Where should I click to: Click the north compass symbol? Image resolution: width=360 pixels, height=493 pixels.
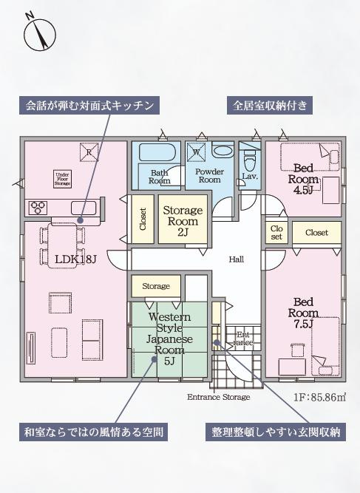click(x=39, y=34)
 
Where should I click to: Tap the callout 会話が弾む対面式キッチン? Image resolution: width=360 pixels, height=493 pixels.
click(x=90, y=106)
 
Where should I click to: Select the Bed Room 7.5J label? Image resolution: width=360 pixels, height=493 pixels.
click(x=305, y=313)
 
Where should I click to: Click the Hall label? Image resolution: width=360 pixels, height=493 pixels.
click(x=236, y=259)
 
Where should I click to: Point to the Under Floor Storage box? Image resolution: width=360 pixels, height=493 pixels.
click(x=61, y=180)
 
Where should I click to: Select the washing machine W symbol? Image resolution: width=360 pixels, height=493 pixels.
click(x=197, y=153)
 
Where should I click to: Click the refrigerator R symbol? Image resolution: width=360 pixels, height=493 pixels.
click(x=89, y=153)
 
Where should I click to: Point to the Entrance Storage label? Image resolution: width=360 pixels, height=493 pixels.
click(x=218, y=397)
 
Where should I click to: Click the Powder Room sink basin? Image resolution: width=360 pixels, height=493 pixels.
click(x=222, y=151)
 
